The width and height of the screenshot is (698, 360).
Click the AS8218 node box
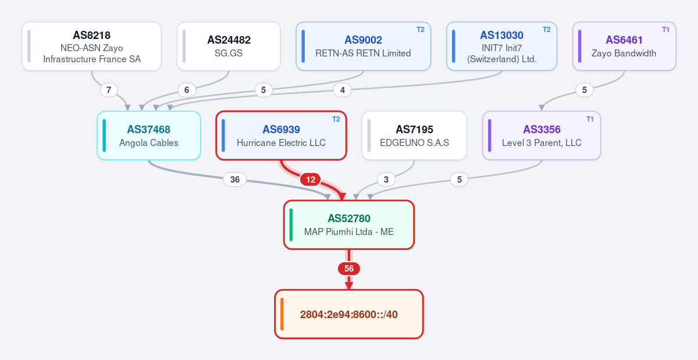pyautogui.click(x=92, y=46)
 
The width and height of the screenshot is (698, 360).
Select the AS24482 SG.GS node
pyautogui.click(x=229, y=46)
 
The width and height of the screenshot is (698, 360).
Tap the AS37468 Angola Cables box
pyautogui.click(x=149, y=136)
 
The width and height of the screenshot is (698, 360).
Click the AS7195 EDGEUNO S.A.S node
pyautogui.click(x=414, y=136)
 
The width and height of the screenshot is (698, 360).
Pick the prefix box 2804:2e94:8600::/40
pyautogui.click(x=349, y=314)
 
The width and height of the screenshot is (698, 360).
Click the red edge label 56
pyautogui.click(x=349, y=269)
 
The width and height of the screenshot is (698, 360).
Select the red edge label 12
pyautogui.click(x=311, y=180)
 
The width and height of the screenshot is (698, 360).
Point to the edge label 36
pyautogui.click(x=235, y=180)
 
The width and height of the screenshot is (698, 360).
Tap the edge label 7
pyautogui.click(x=109, y=90)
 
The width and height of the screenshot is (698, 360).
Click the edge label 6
pyautogui.click(x=187, y=90)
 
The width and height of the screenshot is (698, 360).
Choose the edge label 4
pyautogui.click(x=343, y=90)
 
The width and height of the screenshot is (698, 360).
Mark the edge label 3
pyautogui.click(x=386, y=180)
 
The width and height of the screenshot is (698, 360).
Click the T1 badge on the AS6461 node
pyautogui.click(x=665, y=30)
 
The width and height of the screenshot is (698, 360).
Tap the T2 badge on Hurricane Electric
pyautogui.click(x=336, y=119)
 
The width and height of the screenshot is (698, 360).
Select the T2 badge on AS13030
pyautogui.click(x=547, y=30)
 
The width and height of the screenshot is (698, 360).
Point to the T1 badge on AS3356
pyautogui.click(x=590, y=119)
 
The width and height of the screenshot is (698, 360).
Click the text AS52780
pyautogui.click(x=349, y=219)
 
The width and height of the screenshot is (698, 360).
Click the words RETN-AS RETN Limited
pyautogui.click(x=363, y=54)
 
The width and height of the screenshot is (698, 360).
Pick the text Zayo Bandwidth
pyautogui.click(x=624, y=54)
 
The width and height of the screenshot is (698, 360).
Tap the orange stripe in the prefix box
pyautogui.click(x=282, y=314)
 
